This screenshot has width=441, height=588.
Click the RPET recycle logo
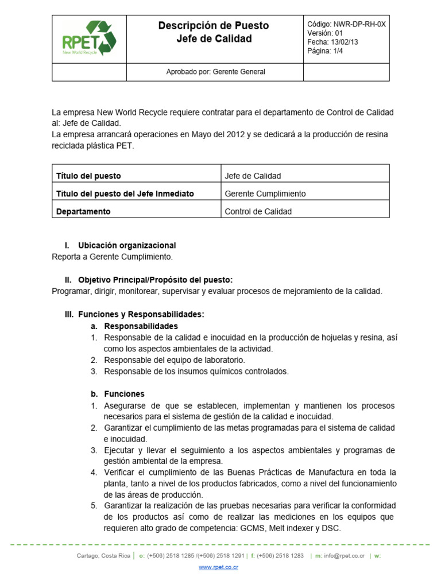tap(89, 38)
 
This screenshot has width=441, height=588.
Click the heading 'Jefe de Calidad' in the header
tap(214, 39)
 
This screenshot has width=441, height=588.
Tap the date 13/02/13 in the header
tap(345, 42)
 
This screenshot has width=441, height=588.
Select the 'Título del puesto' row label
tap(88, 176)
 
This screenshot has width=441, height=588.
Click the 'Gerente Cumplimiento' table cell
tap(265, 194)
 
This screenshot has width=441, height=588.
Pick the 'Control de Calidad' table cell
tap(258, 211)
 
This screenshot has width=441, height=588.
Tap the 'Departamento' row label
tap(83, 211)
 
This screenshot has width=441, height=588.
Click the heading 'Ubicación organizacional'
tap(127, 245)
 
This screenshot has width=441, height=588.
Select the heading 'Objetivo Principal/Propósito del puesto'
tap(155, 280)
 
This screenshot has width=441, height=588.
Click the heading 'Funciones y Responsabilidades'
tap(141, 314)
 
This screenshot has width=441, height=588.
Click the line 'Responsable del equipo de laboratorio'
tap(175, 360)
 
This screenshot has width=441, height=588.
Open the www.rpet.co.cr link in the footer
tap(218, 567)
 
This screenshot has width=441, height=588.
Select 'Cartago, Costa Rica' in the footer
tap(103, 556)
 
